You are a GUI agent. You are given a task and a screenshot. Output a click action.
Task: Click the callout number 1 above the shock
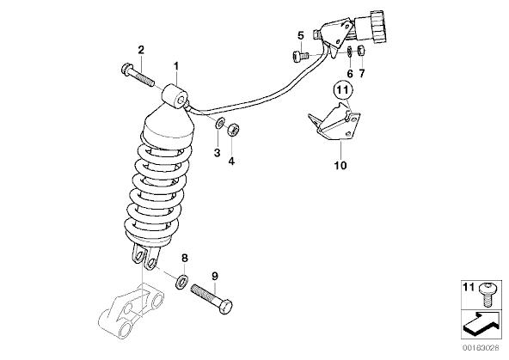click(x=176, y=66)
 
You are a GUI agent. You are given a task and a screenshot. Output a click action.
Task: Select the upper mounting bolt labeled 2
click(x=138, y=75)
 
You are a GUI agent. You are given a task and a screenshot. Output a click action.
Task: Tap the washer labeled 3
click(x=220, y=123)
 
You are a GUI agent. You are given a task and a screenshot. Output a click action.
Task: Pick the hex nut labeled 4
click(x=233, y=130)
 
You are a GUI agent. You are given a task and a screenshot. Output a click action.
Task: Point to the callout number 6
click(x=350, y=74)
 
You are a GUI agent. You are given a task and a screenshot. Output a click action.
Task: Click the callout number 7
click(x=362, y=73)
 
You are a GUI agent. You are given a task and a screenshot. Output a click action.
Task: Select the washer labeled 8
click(x=182, y=282)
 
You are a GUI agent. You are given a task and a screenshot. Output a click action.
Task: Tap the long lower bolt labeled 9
click(x=212, y=298)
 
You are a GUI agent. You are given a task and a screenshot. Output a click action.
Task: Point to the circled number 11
click(x=342, y=89)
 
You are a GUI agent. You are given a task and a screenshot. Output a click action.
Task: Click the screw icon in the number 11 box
click(x=487, y=294)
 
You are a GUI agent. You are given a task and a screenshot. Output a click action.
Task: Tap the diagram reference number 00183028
click(x=481, y=348)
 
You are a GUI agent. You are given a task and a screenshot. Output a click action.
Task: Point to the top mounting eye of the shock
click(x=175, y=96)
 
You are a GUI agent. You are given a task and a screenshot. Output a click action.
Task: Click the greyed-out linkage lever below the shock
click(x=132, y=311)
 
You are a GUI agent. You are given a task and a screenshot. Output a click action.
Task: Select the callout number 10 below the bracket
click(x=340, y=166)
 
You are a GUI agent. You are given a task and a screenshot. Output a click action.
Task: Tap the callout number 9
click(x=215, y=277)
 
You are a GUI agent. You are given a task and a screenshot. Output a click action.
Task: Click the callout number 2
click(x=141, y=50)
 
